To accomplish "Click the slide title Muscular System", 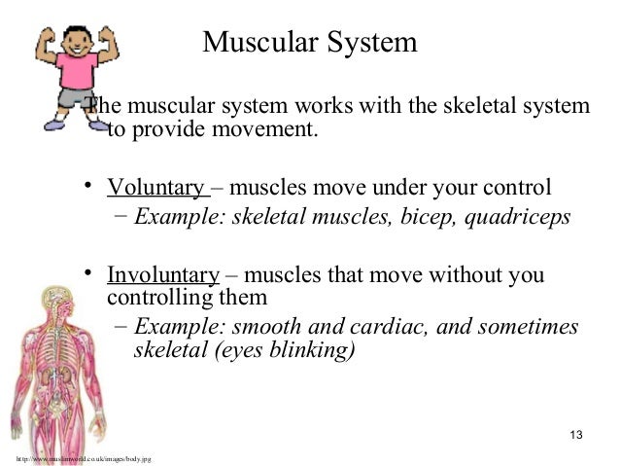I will pos(310,43).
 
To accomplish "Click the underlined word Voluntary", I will pos(155,187).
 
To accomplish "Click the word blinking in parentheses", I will pos(309,349).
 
